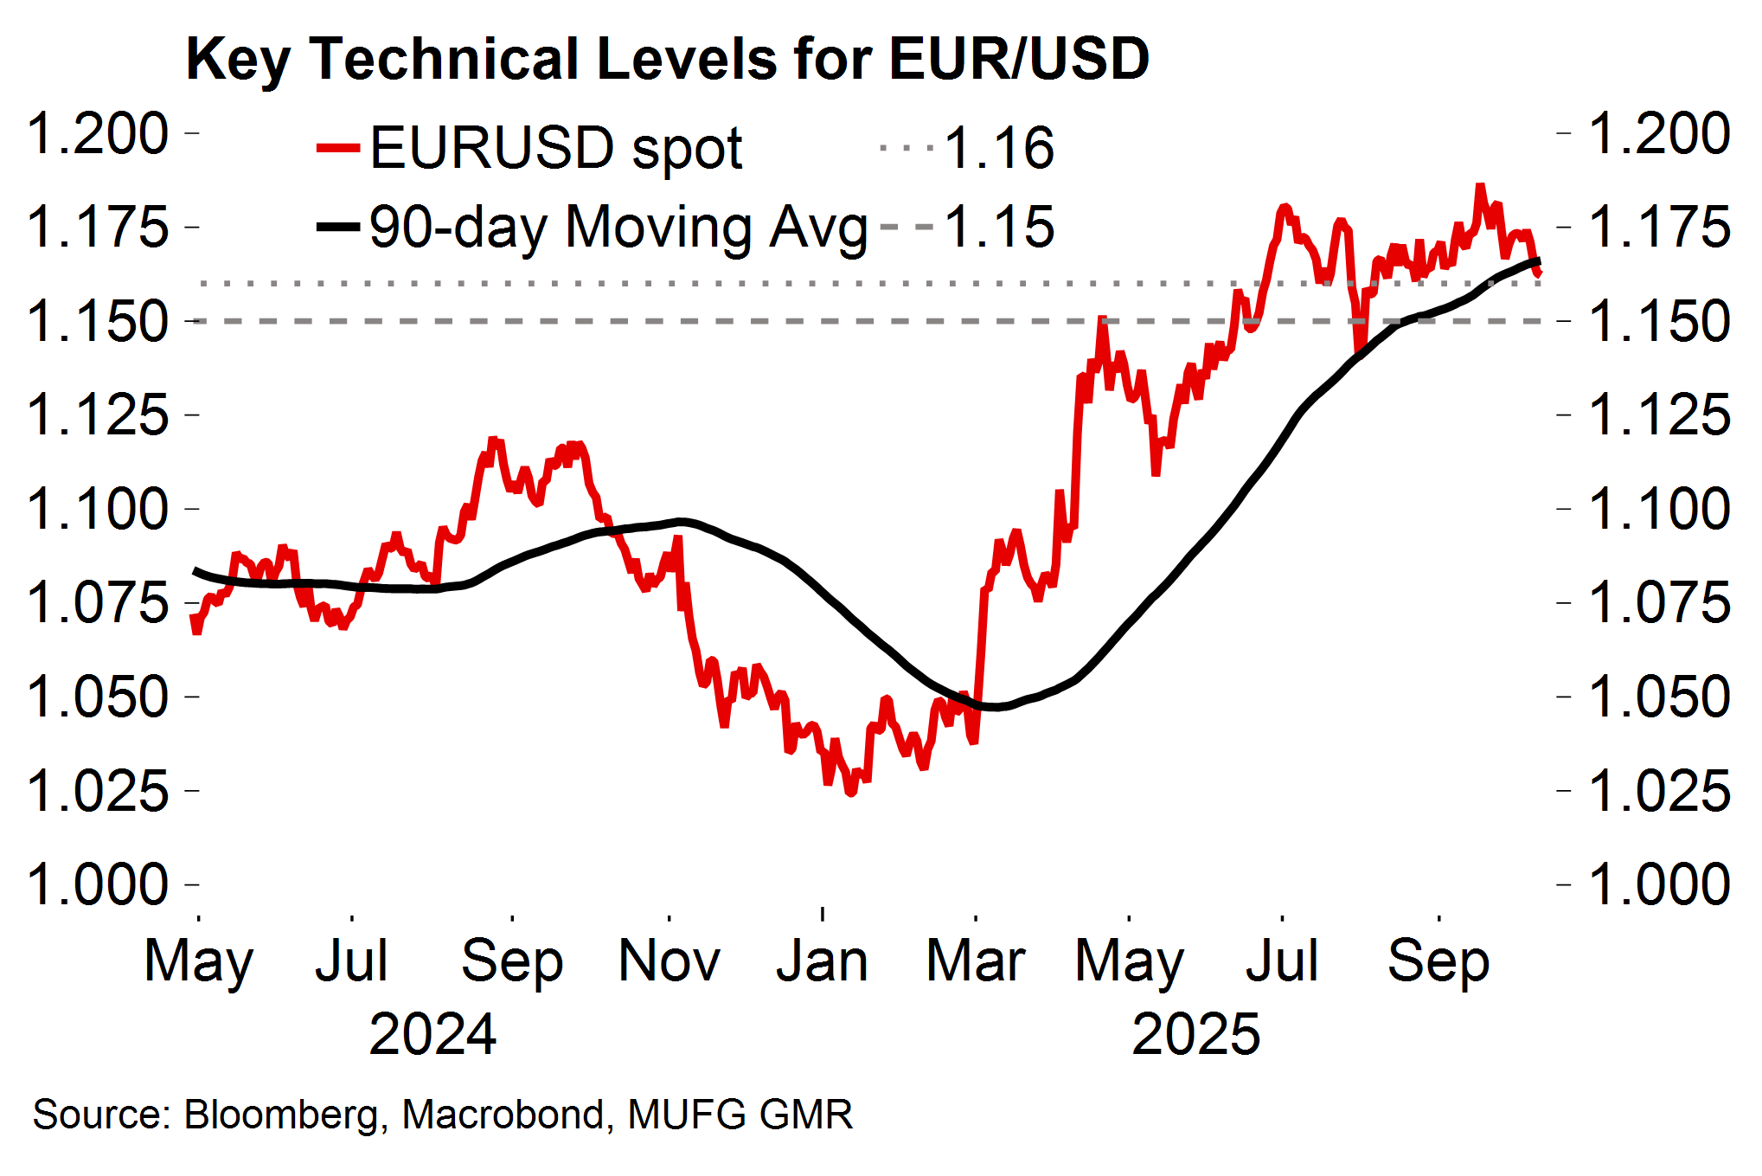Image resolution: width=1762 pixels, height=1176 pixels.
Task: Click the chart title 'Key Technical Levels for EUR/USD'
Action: click(667, 59)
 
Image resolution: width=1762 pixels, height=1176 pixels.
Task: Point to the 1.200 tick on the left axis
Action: click(98, 133)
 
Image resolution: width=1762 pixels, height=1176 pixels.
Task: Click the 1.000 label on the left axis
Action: click(98, 884)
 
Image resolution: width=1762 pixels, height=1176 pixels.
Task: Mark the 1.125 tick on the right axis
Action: click(1660, 415)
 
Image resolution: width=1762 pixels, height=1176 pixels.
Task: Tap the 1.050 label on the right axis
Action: click(1660, 697)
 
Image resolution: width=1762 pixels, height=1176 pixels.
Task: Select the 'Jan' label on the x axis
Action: click(822, 961)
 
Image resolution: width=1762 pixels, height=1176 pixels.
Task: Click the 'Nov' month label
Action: click(669, 961)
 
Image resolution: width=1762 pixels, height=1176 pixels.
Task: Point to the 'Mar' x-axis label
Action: click(975, 961)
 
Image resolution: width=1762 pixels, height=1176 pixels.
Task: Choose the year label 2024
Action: click(432, 1034)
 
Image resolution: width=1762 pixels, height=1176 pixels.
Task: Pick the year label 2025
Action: click(1195, 1034)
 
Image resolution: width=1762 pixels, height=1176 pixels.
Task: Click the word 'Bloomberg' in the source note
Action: click(281, 1115)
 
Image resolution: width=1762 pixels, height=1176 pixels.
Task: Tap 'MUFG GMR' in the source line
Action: click(740, 1115)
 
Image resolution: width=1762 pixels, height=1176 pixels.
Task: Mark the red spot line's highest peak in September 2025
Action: click(1480, 186)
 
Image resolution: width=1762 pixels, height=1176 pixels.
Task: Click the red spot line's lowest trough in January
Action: click(851, 792)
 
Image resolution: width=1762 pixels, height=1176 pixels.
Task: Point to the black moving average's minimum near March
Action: click(995, 707)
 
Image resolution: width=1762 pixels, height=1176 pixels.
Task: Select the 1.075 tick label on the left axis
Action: click(98, 603)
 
